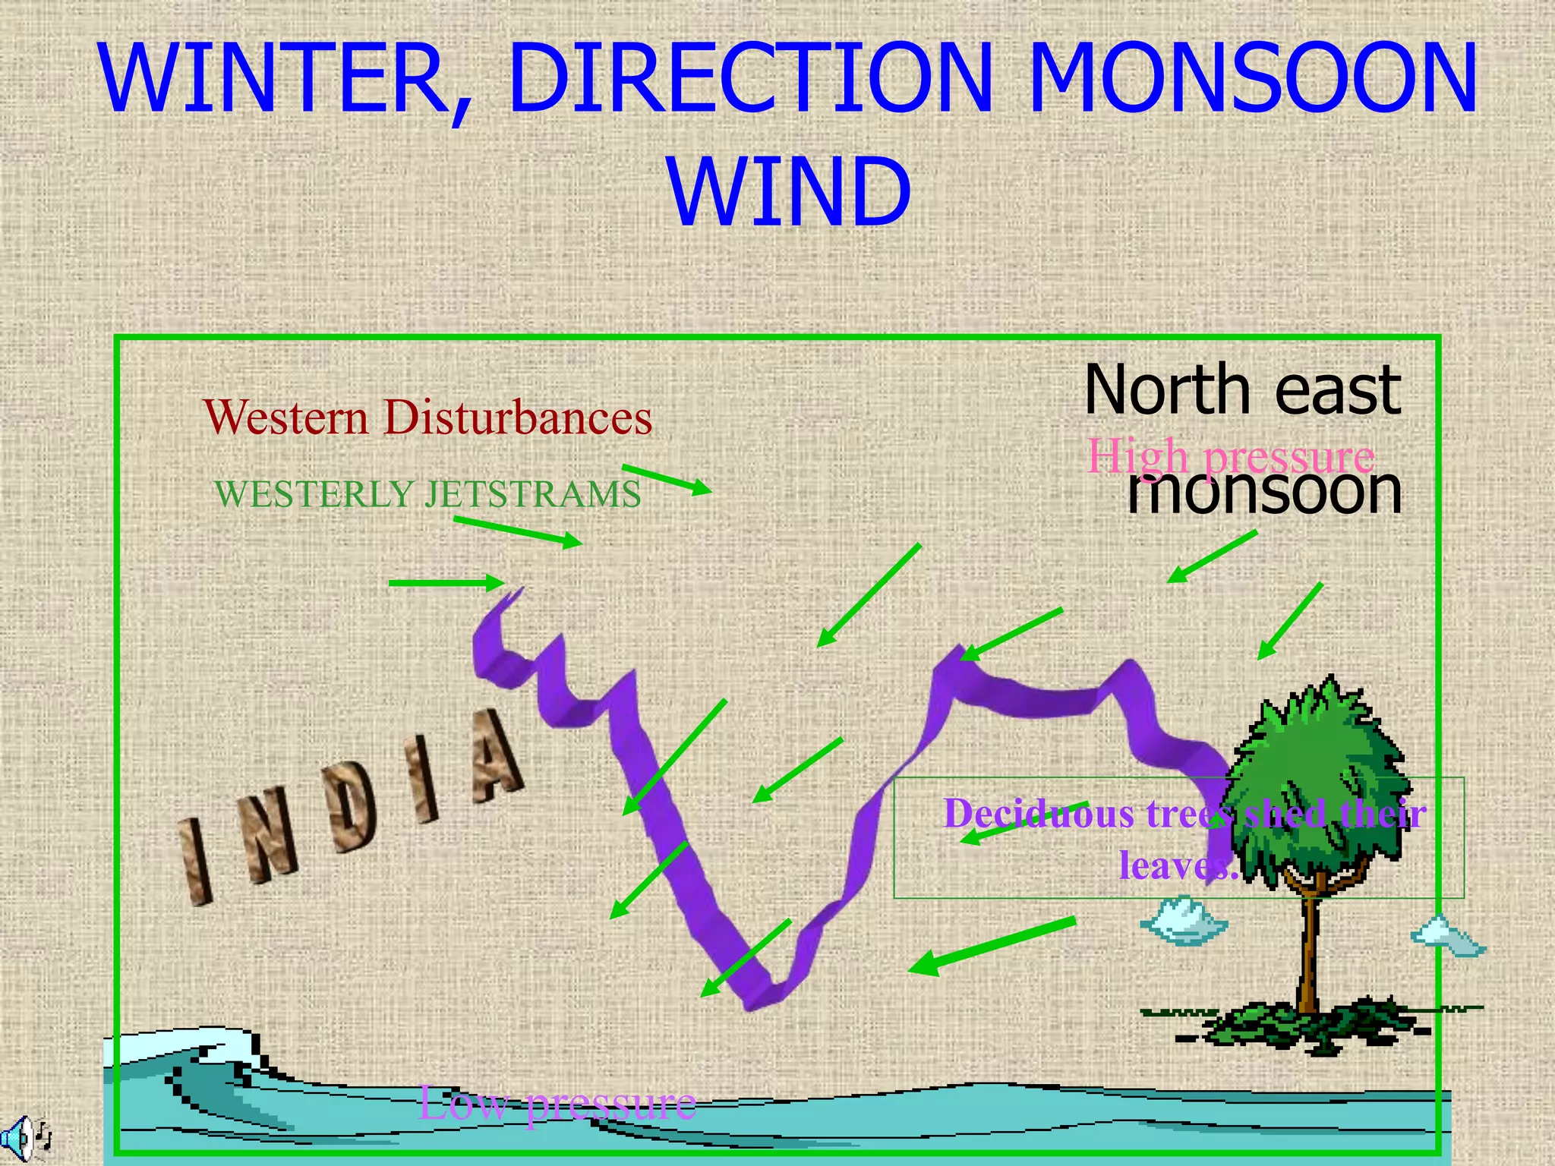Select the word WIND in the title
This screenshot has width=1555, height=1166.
click(790, 191)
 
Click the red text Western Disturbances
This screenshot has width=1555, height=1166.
click(427, 418)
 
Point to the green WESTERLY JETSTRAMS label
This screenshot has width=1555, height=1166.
click(427, 494)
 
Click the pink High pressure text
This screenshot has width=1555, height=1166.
click(1230, 455)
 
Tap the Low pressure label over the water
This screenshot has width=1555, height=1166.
click(557, 1103)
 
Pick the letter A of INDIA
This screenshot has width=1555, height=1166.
click(494, 759)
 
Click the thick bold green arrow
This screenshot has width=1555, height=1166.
click(991, 946)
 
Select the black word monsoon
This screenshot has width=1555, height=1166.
click(1263, 490)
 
